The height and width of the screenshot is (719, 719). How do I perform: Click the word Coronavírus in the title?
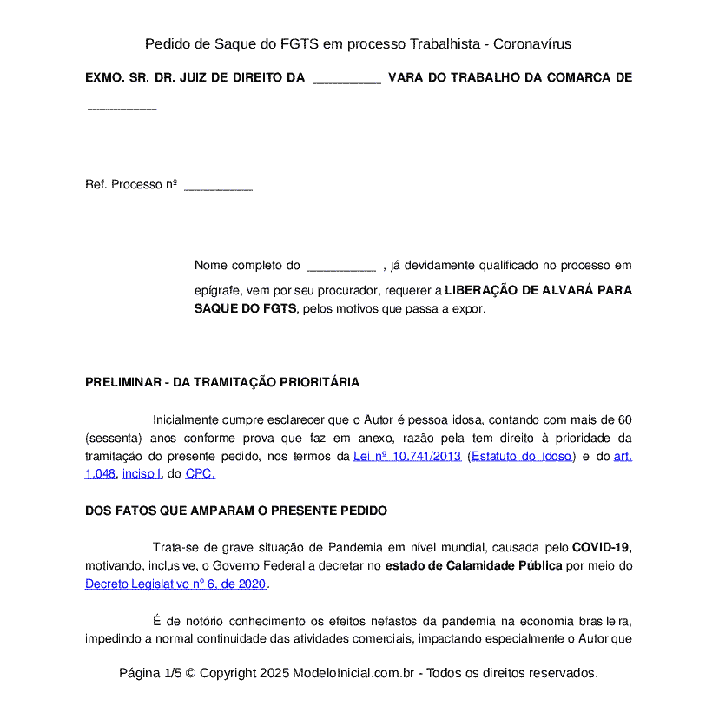point(532,43)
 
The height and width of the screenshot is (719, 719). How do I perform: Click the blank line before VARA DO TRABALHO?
point(346,78)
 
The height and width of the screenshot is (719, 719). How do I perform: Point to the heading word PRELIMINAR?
point(122,382)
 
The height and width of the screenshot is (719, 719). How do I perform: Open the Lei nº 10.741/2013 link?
point(406,456)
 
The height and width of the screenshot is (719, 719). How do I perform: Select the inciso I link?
point(142,473)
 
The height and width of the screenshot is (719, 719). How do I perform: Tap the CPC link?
point(200,473)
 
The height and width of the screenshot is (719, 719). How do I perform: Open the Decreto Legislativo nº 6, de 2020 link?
point(175,584)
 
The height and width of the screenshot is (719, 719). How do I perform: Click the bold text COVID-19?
point(601,548)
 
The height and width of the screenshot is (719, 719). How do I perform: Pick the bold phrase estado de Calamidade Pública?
point(473,566)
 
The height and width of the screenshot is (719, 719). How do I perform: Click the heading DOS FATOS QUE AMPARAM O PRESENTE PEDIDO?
point(236,511)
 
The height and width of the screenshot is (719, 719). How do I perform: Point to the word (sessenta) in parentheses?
point(114,438)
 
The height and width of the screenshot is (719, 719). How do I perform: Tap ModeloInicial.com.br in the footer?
point(358,673)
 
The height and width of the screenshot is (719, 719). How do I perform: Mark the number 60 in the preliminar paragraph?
point(624,419)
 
